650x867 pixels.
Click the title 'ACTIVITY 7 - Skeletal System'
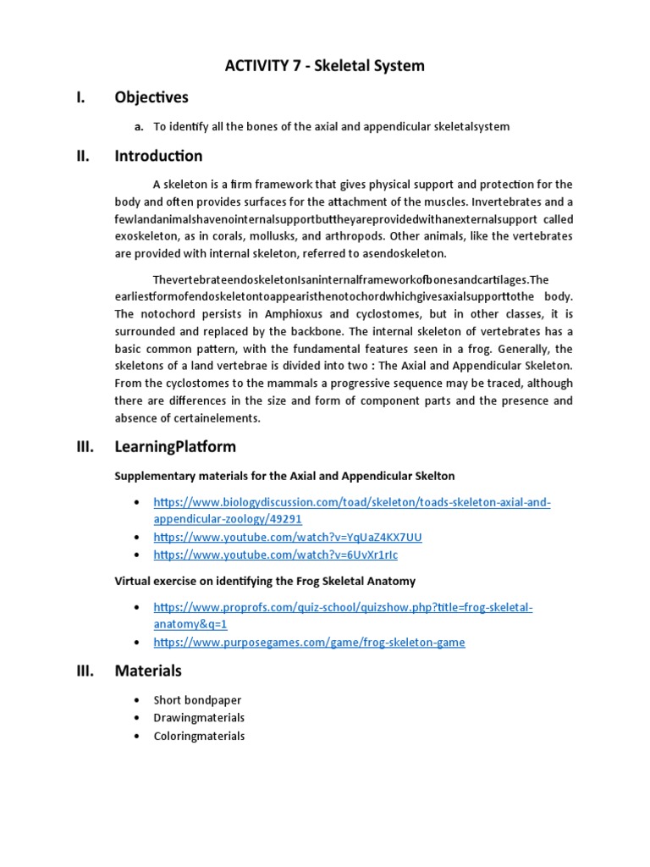tap(325, 65)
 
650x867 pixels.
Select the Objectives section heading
tap(151, 97)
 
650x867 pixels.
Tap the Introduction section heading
tap(158, 156)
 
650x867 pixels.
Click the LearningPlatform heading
tap(175, 446)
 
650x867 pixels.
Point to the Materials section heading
tap(148, 671)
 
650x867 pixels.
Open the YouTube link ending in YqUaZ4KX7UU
tap(288, 537)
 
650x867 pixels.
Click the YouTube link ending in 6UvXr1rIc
tap(275, 555)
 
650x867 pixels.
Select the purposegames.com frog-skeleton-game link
tap(309, 643)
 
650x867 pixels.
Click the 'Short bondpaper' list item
tap(197, 700)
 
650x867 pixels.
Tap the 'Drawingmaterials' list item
tap(199, 718)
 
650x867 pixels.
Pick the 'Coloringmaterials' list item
tap(199, 736)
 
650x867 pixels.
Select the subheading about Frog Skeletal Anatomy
tap(265, 581)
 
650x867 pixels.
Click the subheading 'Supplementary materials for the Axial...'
tap(284, 476)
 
